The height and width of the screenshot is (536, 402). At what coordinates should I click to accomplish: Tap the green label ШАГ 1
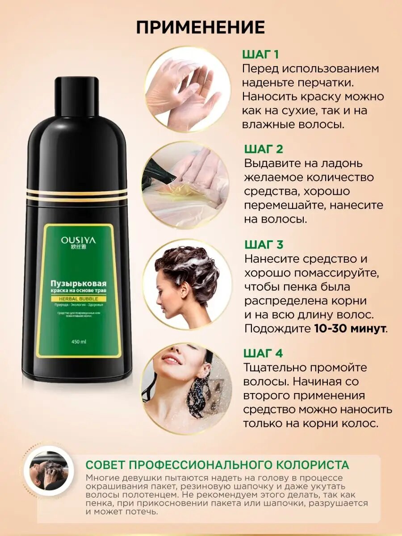(260, 55)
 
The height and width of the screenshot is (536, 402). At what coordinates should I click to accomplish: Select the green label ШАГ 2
(264, 149)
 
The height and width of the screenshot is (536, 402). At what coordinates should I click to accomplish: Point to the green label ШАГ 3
(264, 245)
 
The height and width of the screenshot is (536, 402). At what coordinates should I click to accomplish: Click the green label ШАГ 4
(263, 353)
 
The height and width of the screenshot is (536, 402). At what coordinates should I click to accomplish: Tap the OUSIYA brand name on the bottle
(78, 240)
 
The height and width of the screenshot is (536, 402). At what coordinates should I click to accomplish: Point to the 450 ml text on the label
(78, 342)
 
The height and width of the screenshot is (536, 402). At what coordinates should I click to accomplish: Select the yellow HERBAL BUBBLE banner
(79, 298)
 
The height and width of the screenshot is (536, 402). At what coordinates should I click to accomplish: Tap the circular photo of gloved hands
(187, 89)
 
